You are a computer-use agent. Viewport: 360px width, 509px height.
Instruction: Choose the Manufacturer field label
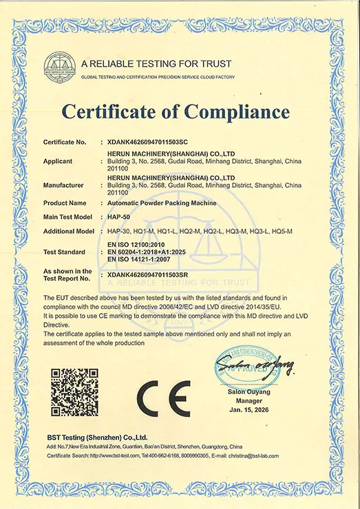tap(63, 185)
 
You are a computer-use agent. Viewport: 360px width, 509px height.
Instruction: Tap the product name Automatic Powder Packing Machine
tap(158, 203)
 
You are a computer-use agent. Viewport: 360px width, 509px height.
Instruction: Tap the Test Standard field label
tap(64, 252)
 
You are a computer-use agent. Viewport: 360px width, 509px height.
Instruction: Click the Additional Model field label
tap(68, 231)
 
